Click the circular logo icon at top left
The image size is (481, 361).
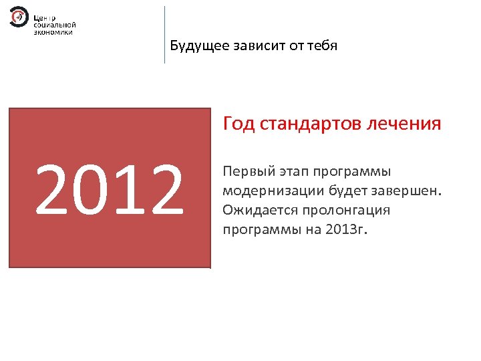pos(19,17)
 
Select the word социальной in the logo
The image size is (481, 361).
pos(53,24)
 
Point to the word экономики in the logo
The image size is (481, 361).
pos(53,31)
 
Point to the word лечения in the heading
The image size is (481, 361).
pos(405,124)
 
